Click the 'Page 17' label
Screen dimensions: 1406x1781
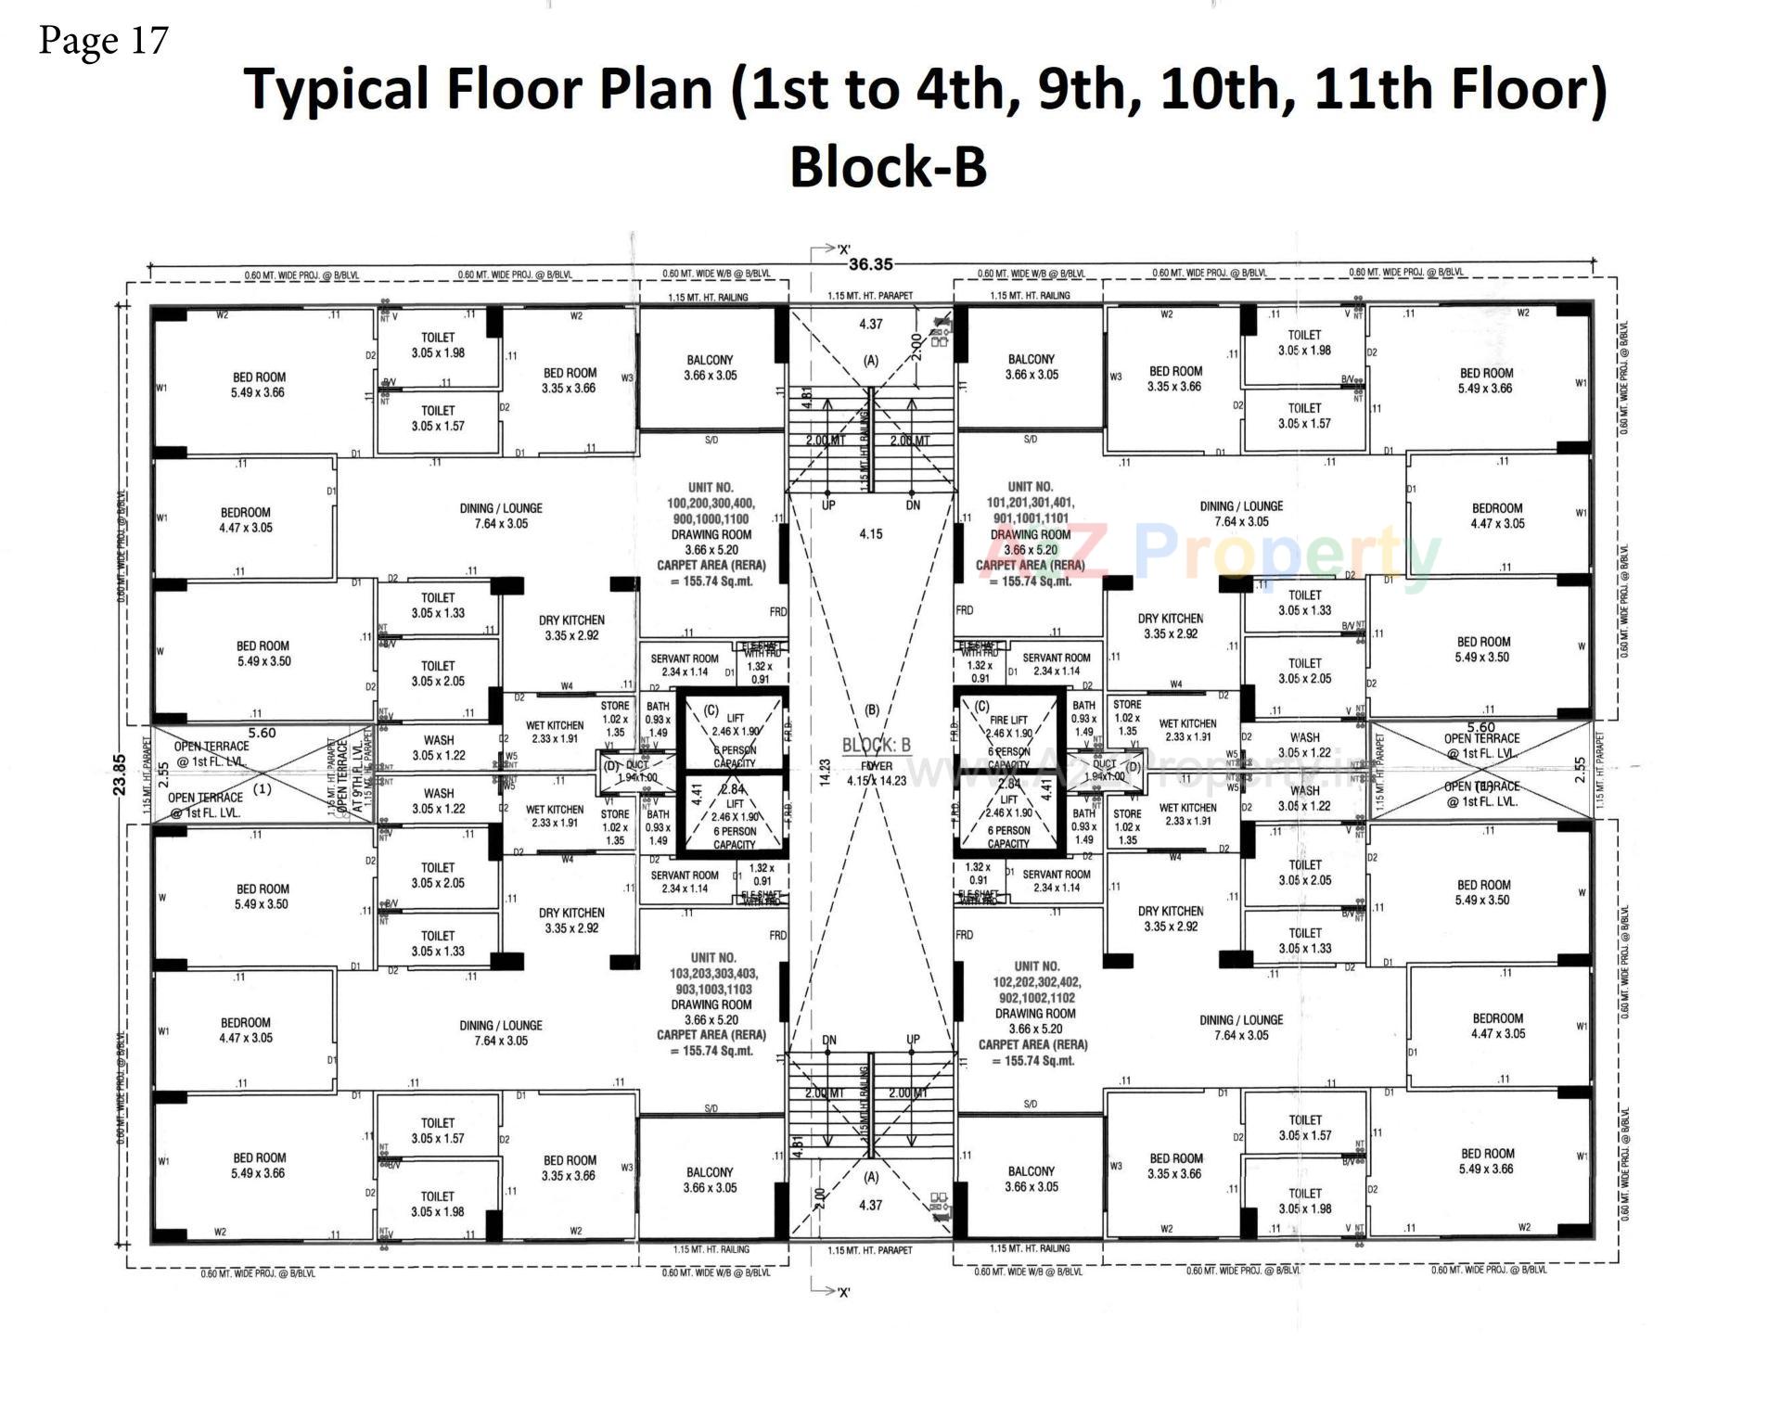coord(103,41)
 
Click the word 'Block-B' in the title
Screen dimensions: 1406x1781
coord(888,167)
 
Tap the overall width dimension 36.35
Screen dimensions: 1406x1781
coord(869,264)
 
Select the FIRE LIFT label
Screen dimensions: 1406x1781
coord(1008,720)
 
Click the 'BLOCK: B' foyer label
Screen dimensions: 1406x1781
coord(876,745)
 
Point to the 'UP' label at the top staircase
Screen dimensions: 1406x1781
coord(828,506)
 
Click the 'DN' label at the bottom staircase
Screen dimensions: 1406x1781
coord(829,1040)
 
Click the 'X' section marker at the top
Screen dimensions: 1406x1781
coord(843,249)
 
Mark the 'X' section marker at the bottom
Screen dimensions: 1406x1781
coord(843,1292)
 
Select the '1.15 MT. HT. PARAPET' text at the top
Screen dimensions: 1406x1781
coord(869,296)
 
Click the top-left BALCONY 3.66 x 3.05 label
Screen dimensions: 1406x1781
coord(710,367)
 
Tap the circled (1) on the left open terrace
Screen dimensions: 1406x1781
coord(263,789)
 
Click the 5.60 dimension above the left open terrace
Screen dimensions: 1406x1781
coord(262,733)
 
